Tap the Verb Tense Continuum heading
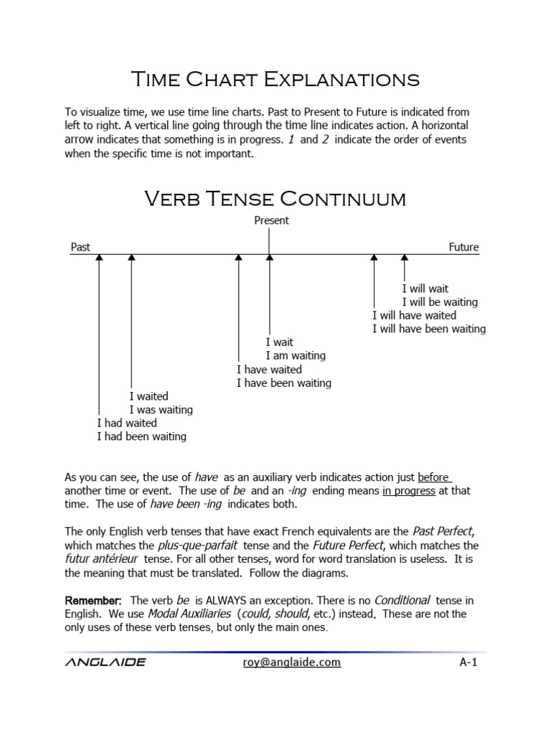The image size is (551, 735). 275,198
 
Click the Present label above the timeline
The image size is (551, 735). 271,220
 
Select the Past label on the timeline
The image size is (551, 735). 80,247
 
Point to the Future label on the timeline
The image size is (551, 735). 463,247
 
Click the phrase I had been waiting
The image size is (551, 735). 141,436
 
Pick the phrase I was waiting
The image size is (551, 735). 161,410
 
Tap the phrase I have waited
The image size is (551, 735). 269,370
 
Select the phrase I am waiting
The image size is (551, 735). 295,356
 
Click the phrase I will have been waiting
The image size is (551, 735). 428,329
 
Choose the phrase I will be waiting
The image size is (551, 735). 439,302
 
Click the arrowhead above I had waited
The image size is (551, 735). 100,258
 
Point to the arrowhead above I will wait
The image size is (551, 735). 405,258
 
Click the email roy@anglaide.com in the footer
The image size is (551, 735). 292,662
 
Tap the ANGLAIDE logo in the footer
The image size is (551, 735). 105,662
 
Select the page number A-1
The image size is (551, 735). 468,662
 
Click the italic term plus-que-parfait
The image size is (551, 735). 187,546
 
